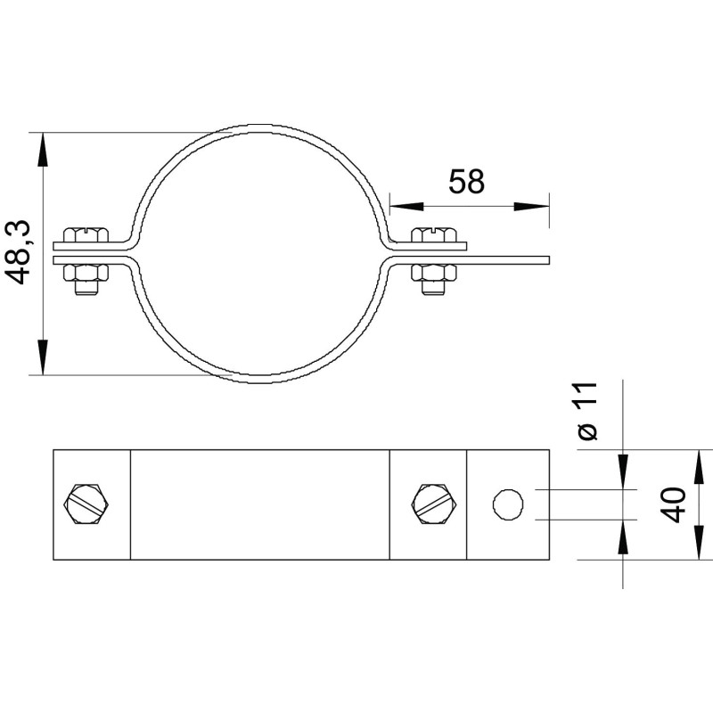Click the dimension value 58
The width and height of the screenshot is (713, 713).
click(466, 181)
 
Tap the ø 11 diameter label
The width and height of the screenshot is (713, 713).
click(586, 412)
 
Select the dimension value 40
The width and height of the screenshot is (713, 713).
click(673, 504)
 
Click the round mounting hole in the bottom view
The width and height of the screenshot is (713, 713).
click(508, 504)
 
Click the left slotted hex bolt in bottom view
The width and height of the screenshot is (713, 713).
click(87, 504)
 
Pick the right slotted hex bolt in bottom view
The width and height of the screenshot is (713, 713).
click(435, 504)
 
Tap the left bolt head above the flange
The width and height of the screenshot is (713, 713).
click(86, 234)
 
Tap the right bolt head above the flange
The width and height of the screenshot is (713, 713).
click(434, 234)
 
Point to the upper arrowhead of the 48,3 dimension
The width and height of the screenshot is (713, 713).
click(43, 150)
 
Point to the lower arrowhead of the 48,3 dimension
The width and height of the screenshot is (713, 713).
click(43, 357)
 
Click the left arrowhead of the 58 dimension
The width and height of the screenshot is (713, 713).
click(407, 207)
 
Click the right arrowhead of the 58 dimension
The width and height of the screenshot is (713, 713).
click(531, 207)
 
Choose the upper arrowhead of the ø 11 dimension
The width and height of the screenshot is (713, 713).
click(623, 471)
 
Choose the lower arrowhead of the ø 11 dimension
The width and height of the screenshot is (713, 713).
click(623, 537)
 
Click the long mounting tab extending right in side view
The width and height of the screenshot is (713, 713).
click(508, 260)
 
